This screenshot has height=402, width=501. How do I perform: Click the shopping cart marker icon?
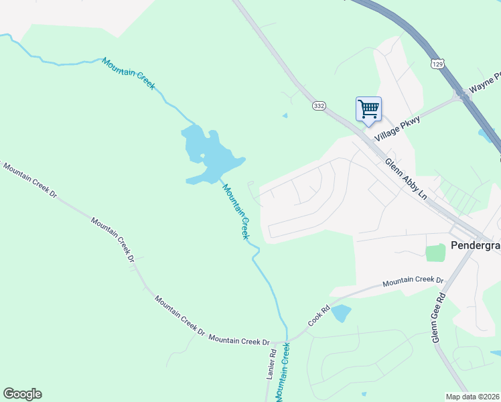pyautogui.click(x=368, y=109)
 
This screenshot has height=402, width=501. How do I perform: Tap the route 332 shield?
pyautogui.click(x=319, y=106)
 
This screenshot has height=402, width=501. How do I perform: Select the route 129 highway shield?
pyautogui.click(x=437, y=64)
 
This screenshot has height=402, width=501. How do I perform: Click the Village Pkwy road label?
pyautogui.click(x=397, y=127)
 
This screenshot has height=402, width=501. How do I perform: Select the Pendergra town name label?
pyautogui.click(x=476, y=246)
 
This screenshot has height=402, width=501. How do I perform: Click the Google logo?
pyautogui.click(x=22, y=394)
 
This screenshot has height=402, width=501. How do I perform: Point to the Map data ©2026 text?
pyautogui.click(x=472, y=397)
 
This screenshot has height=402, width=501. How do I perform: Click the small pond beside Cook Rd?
pyautogui.click(x=341, y=313)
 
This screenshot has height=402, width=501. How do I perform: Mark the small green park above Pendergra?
pyautogui.click(x=435, y=253)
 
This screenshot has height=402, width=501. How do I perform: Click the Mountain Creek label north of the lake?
pyautogui.click(x=129, y=74)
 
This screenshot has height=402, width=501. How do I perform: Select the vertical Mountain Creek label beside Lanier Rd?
pyautogui.click(x=285, y=372)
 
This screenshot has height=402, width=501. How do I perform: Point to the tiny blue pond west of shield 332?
pyautogui.click(x=285, y=115)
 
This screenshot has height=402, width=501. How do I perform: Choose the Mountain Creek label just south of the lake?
pyautogui.click(x=236, y=212)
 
